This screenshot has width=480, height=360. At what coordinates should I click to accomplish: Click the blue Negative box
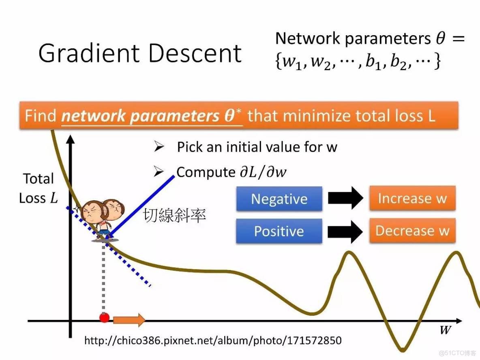click(x=279, y=199)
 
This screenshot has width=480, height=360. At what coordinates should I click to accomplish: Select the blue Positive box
click(x=279, y=231)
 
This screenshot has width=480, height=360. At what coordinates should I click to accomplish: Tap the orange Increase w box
click(x=412, y=198)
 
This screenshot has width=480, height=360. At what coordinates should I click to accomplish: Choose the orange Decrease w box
click(x=412, y=231)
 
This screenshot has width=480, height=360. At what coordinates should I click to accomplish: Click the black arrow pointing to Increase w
click(x=345, y=198)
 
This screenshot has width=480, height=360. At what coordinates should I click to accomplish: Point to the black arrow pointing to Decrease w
click(x=345, y=231)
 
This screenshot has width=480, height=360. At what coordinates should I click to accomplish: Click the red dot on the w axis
click(x=104, y=317)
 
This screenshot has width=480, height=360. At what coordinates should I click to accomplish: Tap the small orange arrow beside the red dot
click(x=129, y=320)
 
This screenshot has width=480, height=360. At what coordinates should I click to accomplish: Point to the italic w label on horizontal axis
click(x=445, y=330)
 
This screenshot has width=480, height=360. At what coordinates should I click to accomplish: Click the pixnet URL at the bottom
click(x=212, y=340)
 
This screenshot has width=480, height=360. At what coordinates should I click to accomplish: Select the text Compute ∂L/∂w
click(x=231, y=172)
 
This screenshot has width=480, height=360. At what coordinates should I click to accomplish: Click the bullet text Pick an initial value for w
click(x=257, y=147)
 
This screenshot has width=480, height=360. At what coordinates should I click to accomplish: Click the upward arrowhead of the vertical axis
click(x=71, y=139)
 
